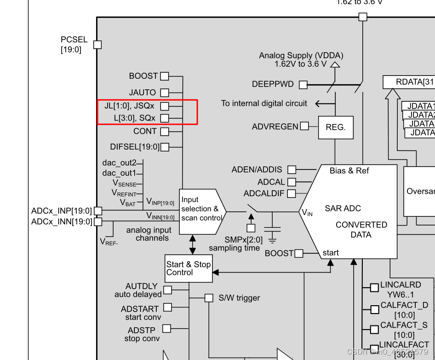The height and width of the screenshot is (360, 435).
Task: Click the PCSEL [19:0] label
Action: pyautogui.click(x=74, y=45)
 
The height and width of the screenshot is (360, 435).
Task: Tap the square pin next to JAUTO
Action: pyautogui.click(x=164, y=93)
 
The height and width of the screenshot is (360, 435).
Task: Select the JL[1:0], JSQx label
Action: pyautogui.click(x=129, y=106)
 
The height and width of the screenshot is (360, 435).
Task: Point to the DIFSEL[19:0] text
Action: pyautogui.click(x=135, y=147)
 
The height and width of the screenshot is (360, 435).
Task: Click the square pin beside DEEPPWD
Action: pyautogui.click(x=303, y=85)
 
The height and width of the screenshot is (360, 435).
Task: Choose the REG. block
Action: pyautogui.click(x=336, y=128)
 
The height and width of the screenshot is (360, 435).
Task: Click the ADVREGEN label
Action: pyautogui.click(x=275, y=126)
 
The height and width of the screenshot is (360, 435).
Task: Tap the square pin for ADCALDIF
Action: pyautogui.click(x=292, y=194)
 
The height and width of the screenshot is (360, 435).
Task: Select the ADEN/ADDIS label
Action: pyautogui.click(x=257, y=170)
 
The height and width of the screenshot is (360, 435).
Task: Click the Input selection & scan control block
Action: pyautogui.click(x=201, y=209)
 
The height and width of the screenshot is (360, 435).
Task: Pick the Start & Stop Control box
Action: pyautogui.click(x=189, y=268)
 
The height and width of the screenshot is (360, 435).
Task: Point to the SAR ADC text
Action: pyautogui.click(x=343, y=209)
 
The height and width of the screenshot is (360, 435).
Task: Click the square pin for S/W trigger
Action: pyautogui.click(x=209, y=298)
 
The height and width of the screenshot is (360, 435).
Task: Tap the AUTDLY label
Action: pyautogui.click(x=142, y=286)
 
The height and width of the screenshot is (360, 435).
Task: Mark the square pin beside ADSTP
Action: pyautogui.click(x=166, y=328)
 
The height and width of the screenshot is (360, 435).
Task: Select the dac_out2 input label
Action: pyautogui.click(x=119, y=163)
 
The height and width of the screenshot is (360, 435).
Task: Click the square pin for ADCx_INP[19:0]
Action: pyautogui.click(x=97, y=211)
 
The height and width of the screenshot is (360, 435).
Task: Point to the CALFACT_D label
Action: pyautogui.click(x=404, y=305)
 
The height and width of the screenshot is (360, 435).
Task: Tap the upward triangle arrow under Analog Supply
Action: pyautogui.click(x=335, y=65)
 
